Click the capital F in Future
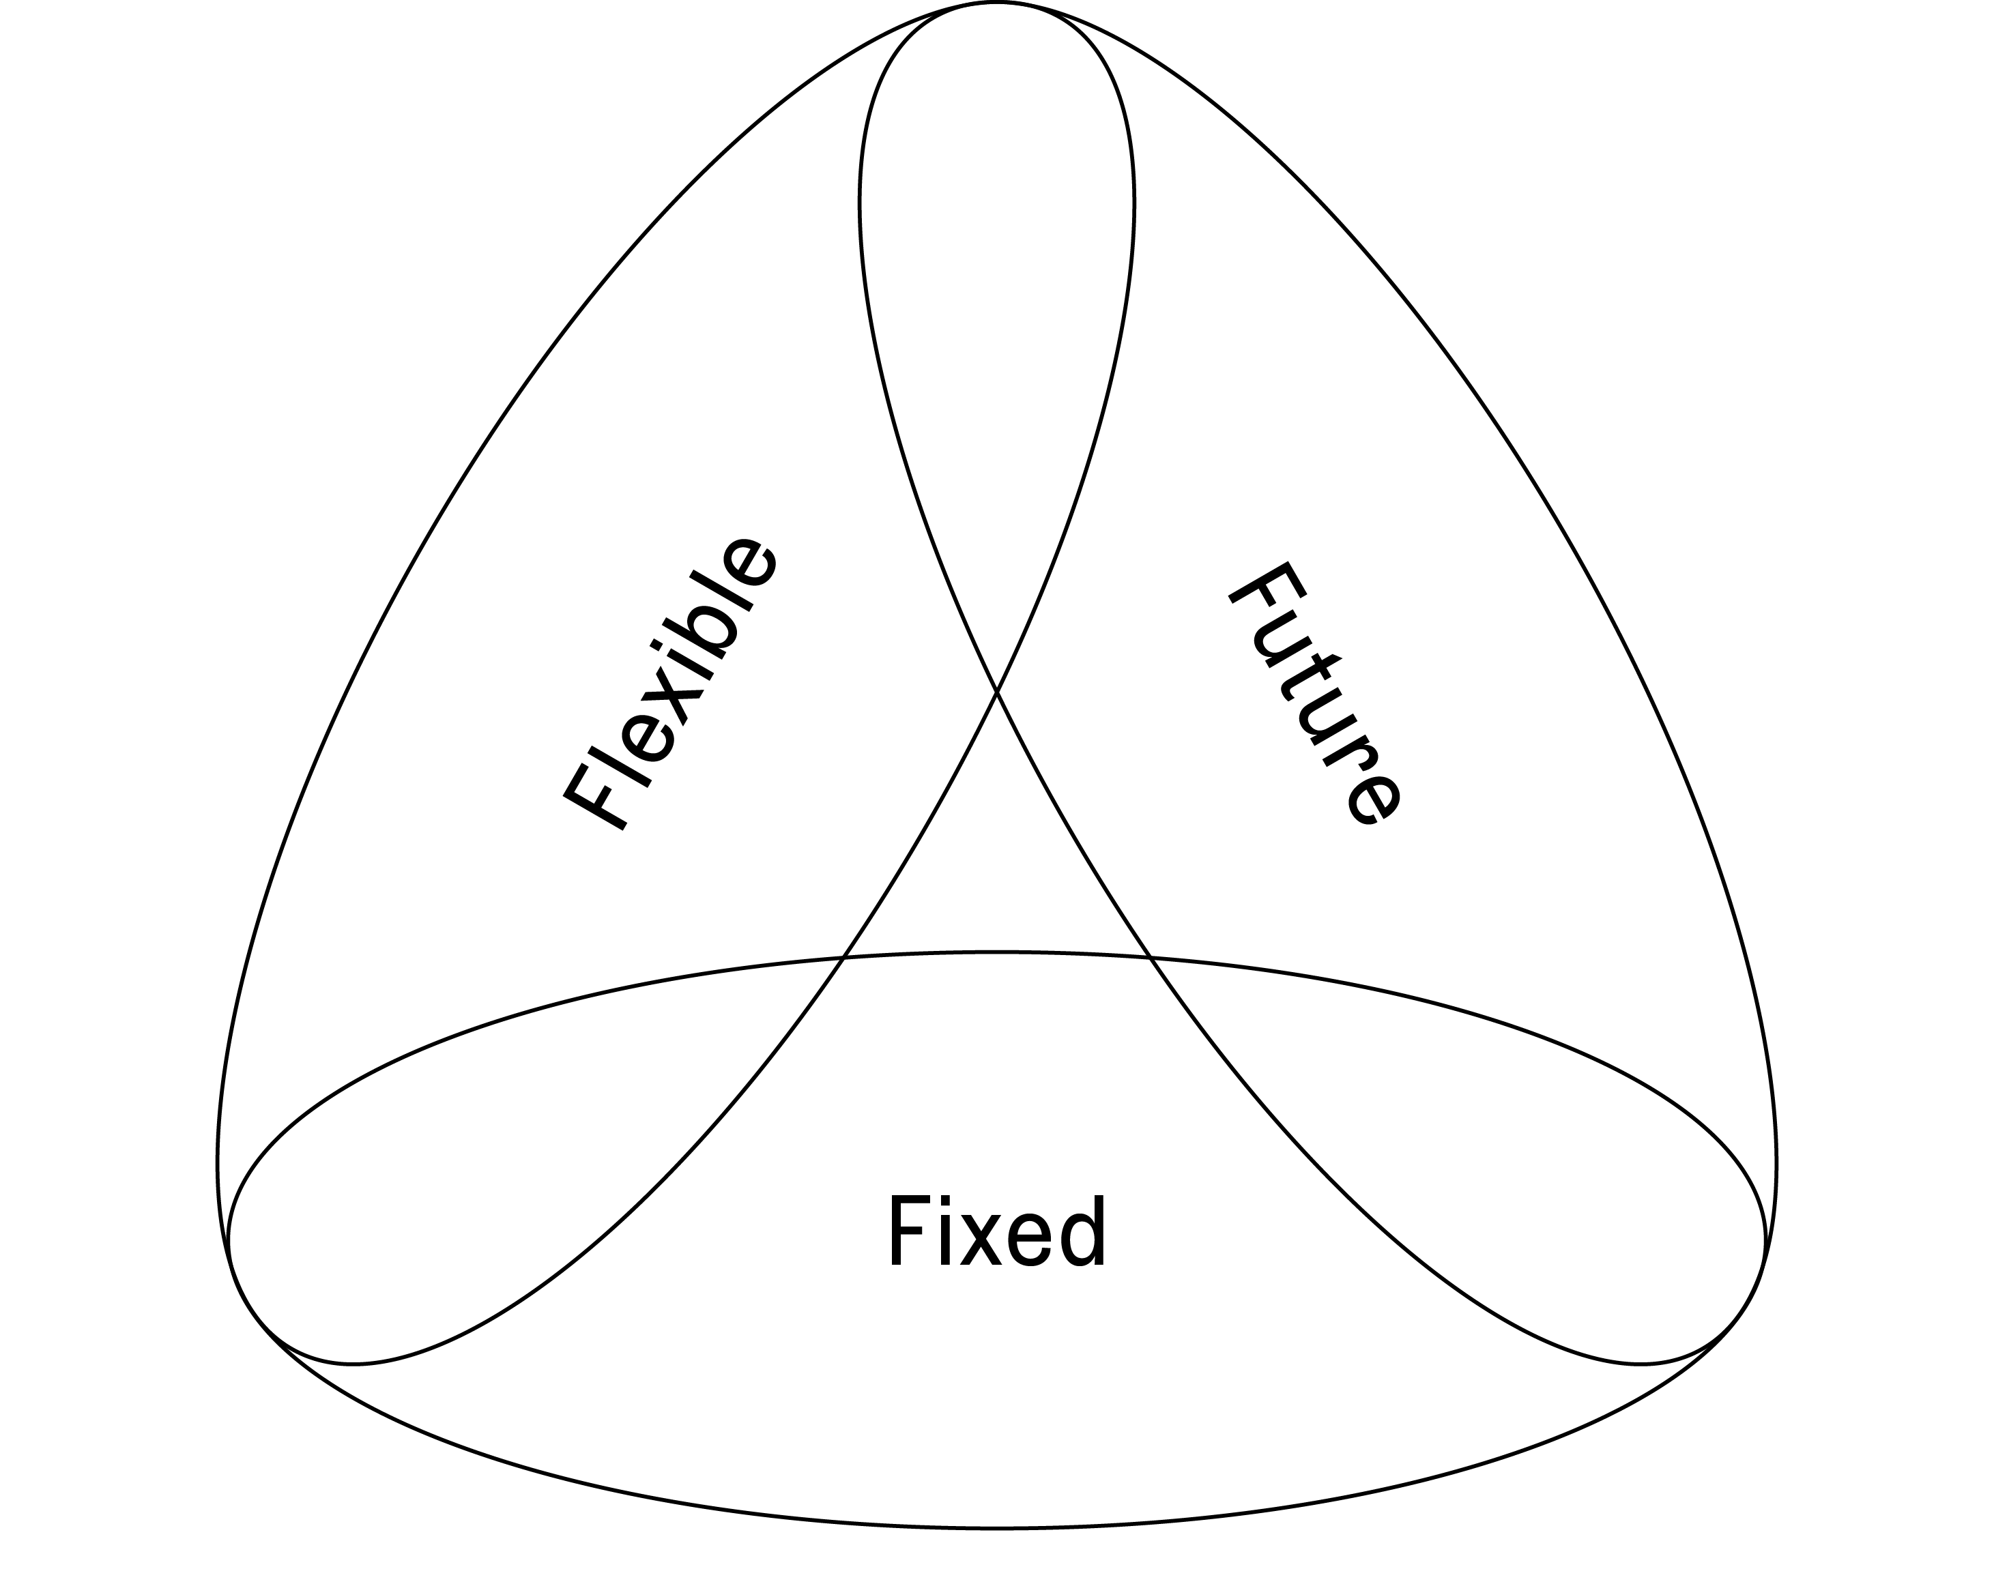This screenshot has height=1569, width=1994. pyautogui.click(x=1268, y=588)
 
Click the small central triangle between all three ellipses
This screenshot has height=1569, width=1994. pyautogui.click(x=997, y=873)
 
